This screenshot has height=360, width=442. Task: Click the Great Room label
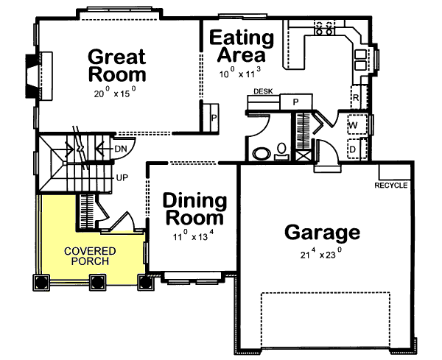pyautogui.click(x=117, y=66)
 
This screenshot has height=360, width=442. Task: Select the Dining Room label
pyautogui.click(x=194, y=209)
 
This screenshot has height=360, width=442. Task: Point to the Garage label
pyautogui.click(x=322, y=233)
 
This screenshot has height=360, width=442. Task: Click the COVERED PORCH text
pyautogui.click(x=90, y=256)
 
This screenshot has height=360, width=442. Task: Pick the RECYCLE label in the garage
pyautogui.click(x=391, y=186)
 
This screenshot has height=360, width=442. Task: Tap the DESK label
pyautogui.click(x=263, y=91)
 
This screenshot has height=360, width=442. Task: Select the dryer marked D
pyautogui.click(x=357, y=149)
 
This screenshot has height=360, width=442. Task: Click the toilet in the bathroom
pyautogui.click(x=281, y=152)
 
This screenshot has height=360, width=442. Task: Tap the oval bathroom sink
pyautogui.click(x=262, y=154)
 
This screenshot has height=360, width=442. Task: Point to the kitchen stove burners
pyautogui.click(x=324, y=27)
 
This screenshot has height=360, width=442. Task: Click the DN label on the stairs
pyautogui.click(x=121, y=149)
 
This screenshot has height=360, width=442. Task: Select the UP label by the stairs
pyautogui.click(x=122, y=177)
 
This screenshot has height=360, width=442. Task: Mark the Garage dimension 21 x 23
pyautogui.click(x=321, y=253)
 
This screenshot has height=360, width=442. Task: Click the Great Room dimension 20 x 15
pyautogui.click(x=116, y=92)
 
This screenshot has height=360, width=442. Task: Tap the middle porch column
pyautogui.click(x=97, y=282)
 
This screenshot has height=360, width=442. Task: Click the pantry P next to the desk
pyautogui.click(x=295, y=102)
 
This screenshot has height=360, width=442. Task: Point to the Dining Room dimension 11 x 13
pyautogui.click(x=194, y=236)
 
